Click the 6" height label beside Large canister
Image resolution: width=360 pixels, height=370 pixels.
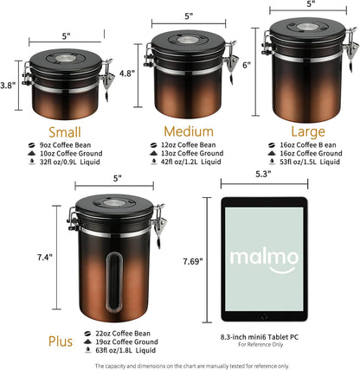246,65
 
